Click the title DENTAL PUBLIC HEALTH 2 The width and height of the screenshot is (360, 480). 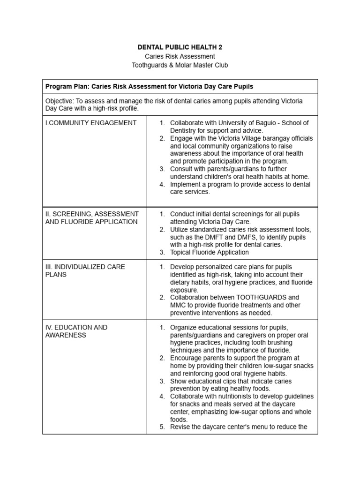180,47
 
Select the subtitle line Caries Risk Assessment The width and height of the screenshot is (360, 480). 180,56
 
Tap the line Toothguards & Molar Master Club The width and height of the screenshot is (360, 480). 180,65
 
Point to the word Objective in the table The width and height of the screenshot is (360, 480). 60,101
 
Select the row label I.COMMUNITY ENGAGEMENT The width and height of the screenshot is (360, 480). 91,123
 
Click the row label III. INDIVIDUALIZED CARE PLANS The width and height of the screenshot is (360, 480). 85,270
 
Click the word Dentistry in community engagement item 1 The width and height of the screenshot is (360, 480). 185,130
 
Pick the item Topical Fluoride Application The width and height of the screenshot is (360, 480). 209,252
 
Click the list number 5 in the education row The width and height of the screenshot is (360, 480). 162,427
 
